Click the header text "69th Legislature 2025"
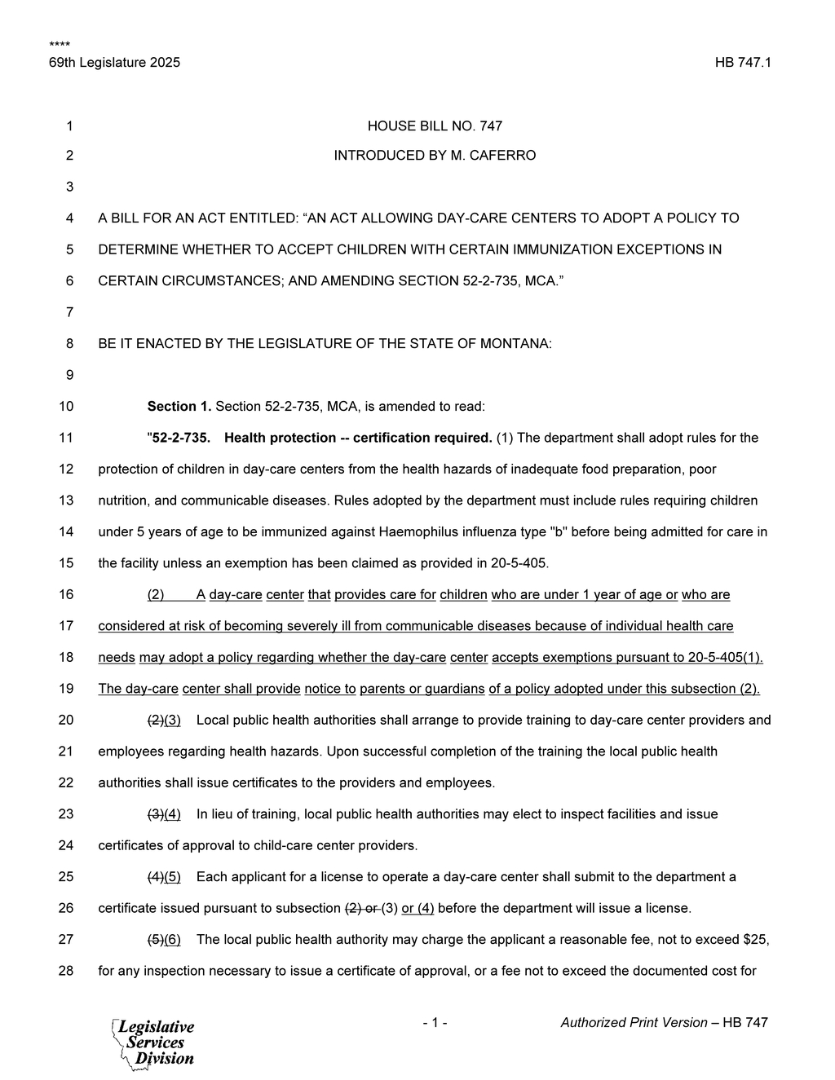pyautogui.click(x=114, y=63)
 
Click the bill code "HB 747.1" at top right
pyautogui.click(x=743, y=63)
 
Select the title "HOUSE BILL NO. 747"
pyautogui.click(x=435, y=126)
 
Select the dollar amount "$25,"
pyautogui.click(x=757, y=939)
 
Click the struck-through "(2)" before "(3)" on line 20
pyautogui.click(x=155, y=720)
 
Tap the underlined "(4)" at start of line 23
pyautogui.click(x=172, y=813)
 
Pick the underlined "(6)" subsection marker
pyautogui.click(x=172, y=939)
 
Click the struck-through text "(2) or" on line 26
pyautogui.click(x=361, y=908)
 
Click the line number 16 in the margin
pyautogui.click(x=66, y=594)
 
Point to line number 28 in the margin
pyautogui.click(x=66, y=971)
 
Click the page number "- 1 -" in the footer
pyautogui.click(x=435, y=1022)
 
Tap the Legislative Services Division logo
pyautogui.click(x=153, y=1043)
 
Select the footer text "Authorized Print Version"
pyautogui.click(x=634, y=1022)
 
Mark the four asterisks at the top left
pyautogui.click(x=59, y=44)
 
